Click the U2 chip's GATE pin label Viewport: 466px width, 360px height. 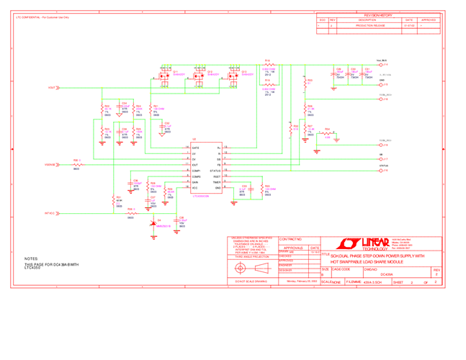(196, 147)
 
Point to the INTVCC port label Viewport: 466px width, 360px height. (50, 214)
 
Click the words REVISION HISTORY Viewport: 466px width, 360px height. (377, 14)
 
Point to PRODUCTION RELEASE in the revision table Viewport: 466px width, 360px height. (369, 25)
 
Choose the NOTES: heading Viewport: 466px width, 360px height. (31, 258)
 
